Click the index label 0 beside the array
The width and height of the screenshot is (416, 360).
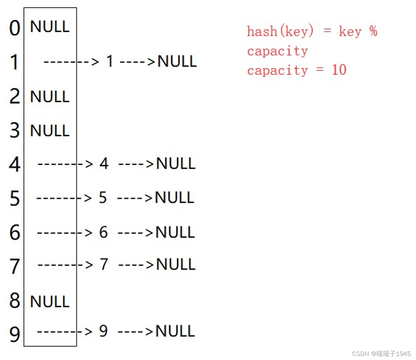[x=15, y=28]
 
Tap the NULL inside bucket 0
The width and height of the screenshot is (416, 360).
[x=50, y=27]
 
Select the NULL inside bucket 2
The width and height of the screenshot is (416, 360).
[x=50, y=97]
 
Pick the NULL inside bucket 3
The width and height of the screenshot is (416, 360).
[x=50, y=131]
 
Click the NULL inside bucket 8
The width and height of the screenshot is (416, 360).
[x=50, y=302]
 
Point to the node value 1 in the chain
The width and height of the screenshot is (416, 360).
[x=110, y=62]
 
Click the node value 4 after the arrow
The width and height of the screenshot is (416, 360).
[x=104, y=163]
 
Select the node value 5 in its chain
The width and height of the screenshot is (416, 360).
[x=103, y=198]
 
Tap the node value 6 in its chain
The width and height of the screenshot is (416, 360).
[x=104, y=232]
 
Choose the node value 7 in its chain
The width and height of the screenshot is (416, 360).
[x=104, y=264]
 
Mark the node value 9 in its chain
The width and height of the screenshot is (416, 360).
[x=103, y=331]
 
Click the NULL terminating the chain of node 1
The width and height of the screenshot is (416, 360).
[x=177, y=62]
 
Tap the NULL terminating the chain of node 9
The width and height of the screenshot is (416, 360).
[x=175, y=331]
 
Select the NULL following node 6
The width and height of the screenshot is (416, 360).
[x=175, y=232]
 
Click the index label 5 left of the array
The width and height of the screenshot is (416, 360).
[x=15, y=199]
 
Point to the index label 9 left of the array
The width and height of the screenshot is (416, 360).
[x=15, y=334]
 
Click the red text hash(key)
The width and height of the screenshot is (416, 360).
[x=280, y=31]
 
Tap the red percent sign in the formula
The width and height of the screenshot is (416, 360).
[x=373, y=31]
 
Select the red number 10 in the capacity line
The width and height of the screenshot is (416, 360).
[x=339, y=70]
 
